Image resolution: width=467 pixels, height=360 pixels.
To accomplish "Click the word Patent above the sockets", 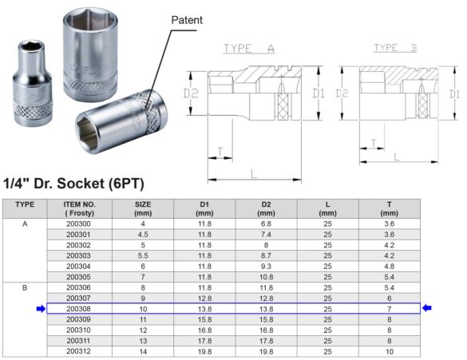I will tap(188, 19).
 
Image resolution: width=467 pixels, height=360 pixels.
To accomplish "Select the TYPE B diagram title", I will tap(396, 49).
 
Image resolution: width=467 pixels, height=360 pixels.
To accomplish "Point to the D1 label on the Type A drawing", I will tap(318, 94).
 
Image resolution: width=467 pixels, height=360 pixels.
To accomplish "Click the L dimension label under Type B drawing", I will tap(397, 156).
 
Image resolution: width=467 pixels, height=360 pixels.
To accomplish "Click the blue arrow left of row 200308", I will tap(40, 308).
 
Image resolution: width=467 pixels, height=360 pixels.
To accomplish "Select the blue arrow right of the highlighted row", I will tap(427, 308).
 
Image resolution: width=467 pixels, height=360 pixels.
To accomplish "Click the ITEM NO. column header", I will tap(79, 209).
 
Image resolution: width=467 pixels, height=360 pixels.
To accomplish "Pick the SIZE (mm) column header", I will tap(142, 209).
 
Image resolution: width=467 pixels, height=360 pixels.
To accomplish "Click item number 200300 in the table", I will tap(79, 225).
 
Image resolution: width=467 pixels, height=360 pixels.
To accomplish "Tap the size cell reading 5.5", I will tap(142, 256).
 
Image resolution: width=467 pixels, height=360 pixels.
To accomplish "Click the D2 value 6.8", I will tap(266, 225).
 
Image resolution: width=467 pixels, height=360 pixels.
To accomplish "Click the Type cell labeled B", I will tap(25, 287).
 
